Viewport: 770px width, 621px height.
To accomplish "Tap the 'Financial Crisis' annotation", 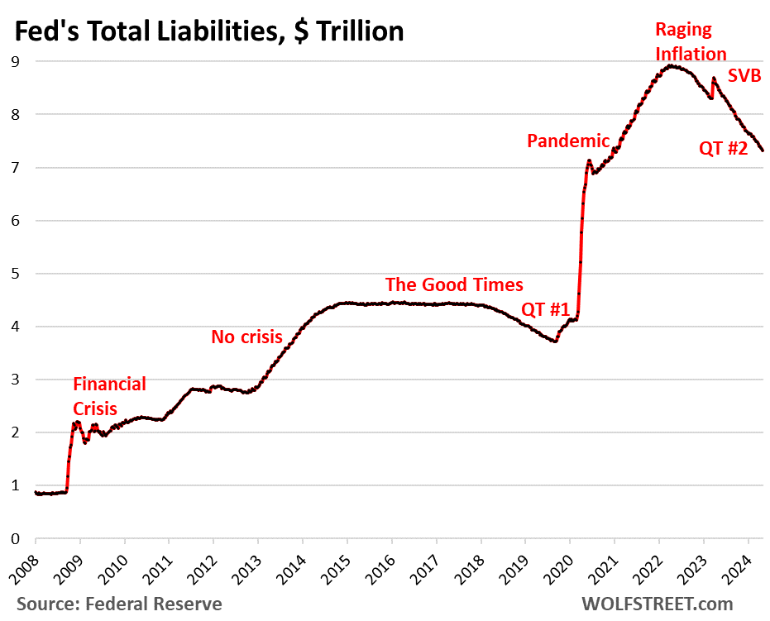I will pyautogui.click(x=109, y=396).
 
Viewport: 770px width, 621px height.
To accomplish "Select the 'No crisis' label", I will pyautogui.click(x=246, y=337).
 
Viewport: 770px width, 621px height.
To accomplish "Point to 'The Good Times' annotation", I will pyautogui.click(x=454, y=284).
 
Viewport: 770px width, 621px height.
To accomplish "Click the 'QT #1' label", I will pyautogui.click(x=545, y=310).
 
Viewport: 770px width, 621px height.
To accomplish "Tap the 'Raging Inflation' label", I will pyautogui.click(x=691, y=41).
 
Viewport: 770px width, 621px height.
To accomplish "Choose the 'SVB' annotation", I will pyautogui.click(x=744, y=76).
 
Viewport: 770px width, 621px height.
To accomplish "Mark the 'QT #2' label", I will pyautogui.click(x=725, y=149).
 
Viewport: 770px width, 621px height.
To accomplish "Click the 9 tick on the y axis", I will pyautogui.click(x=15, y=61).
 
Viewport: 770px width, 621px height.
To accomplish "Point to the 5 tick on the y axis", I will pyautogui.click(x=15, y=274).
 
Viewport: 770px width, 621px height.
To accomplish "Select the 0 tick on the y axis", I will pyautogui.click(x=15, y=538).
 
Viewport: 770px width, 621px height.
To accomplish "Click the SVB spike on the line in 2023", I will pyautogui.click(x=713, y=79).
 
